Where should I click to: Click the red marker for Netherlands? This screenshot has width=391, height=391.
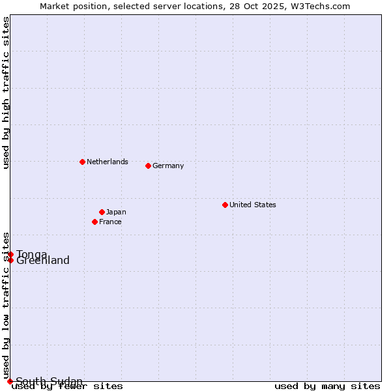click(x=82, y=162)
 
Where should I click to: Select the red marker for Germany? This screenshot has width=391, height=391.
click(x=148, y=166)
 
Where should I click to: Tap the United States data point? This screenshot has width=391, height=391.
click(x=225, y=205)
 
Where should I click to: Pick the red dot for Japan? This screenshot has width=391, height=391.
click(x=102, y=212)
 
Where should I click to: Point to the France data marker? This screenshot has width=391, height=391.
click(x=95, y=222)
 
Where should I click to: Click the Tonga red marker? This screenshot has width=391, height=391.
click(x=11, y=254)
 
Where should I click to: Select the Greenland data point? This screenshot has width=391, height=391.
click(x=10, y=261)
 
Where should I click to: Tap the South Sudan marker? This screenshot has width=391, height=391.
click(x=10, y=381)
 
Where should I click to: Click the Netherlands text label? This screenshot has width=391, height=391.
click(x=108, y=162)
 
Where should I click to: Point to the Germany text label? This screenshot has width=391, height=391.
click(x=168, y=166)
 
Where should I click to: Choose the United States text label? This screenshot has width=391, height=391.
click(x=253, y=205)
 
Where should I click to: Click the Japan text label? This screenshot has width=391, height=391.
click(x=116, y=212)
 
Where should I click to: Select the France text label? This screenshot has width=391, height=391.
click(x=110, y=222)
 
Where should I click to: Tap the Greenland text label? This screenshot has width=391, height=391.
click(x=43, y=261)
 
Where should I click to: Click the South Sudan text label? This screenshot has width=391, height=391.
click(x=50, y=381)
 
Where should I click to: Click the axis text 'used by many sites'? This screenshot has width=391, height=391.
click(x=327, y=386)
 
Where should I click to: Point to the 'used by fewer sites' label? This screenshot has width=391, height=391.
click(x=68, y=386)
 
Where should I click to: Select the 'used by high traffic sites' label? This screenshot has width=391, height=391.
click(x=6, y=93)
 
